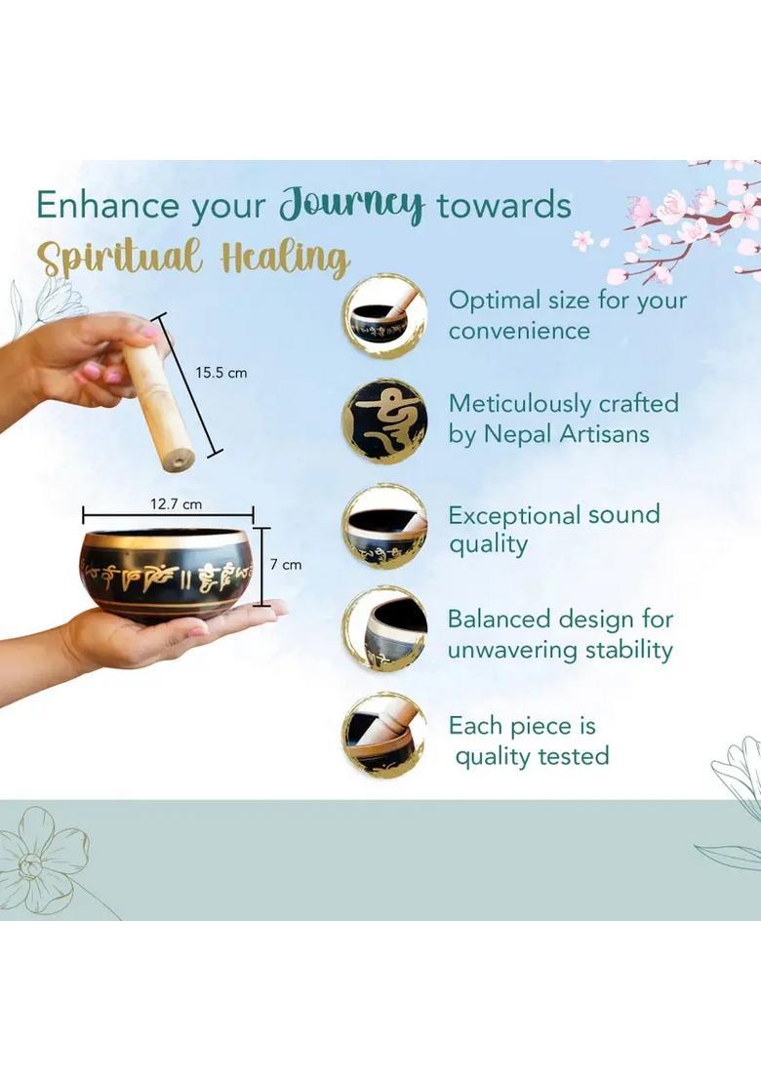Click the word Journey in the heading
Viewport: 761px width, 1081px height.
tap(351, 205)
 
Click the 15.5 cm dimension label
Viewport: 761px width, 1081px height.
tap(220, 373)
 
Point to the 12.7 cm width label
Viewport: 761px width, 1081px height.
tap(177, 504)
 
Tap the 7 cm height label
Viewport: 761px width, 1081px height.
tap(285, 565)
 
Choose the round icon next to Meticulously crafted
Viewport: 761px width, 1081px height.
tap(384, 420)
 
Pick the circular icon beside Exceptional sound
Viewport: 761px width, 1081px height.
tap(385, 527)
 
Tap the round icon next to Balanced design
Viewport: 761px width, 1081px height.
tap(385, 628)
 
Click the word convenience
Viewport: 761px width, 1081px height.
tap(519, 331)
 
